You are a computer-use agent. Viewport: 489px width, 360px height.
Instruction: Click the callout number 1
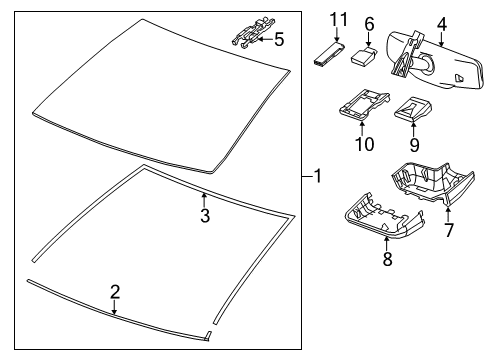318,176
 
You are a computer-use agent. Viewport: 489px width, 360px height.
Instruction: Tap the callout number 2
115,292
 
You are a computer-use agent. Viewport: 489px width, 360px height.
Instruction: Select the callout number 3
205,215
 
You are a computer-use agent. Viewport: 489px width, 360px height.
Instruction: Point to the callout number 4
441,24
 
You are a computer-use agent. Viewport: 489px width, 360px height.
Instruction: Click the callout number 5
279,39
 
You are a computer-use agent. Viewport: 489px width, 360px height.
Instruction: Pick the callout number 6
369,24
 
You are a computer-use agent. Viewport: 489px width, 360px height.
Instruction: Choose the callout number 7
449,230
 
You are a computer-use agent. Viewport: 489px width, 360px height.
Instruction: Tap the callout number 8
387,259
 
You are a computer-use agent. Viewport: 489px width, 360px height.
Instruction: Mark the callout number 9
414,145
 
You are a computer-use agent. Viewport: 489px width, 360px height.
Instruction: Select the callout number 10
364,144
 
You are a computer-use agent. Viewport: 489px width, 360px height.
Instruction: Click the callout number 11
339,19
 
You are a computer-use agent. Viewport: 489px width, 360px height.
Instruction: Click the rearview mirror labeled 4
433,61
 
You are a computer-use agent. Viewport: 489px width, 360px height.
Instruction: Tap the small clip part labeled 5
253,32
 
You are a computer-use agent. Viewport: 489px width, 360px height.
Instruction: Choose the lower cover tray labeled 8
383,217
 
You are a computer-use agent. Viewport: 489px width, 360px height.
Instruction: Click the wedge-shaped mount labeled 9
413,109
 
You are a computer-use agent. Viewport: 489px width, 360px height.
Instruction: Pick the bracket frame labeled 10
364,104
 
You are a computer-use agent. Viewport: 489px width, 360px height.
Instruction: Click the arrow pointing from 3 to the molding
204,200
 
